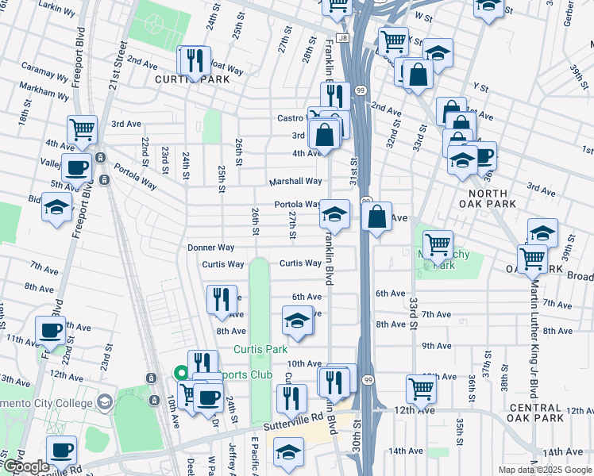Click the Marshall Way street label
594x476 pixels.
click(x=294, y=181)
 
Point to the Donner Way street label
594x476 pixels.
click(x=210, y=248)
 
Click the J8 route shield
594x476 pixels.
click(x=342, y=37)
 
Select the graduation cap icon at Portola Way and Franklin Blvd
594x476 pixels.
click(x=334, y=213)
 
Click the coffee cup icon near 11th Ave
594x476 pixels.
click(x=50, y=330)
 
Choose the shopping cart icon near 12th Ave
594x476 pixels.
click(x=420, y=387)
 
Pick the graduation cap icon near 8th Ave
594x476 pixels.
click(x=297, y=321)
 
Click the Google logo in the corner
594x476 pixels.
click(x=26, y=466)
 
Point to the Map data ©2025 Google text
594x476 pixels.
click(x=544, y=470)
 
